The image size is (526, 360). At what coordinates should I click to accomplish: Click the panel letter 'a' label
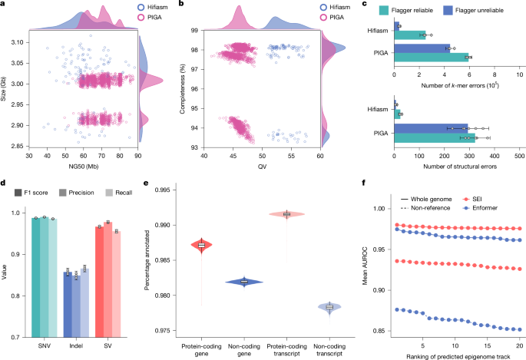4,5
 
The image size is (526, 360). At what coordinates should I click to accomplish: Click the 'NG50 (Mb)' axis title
82,167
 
